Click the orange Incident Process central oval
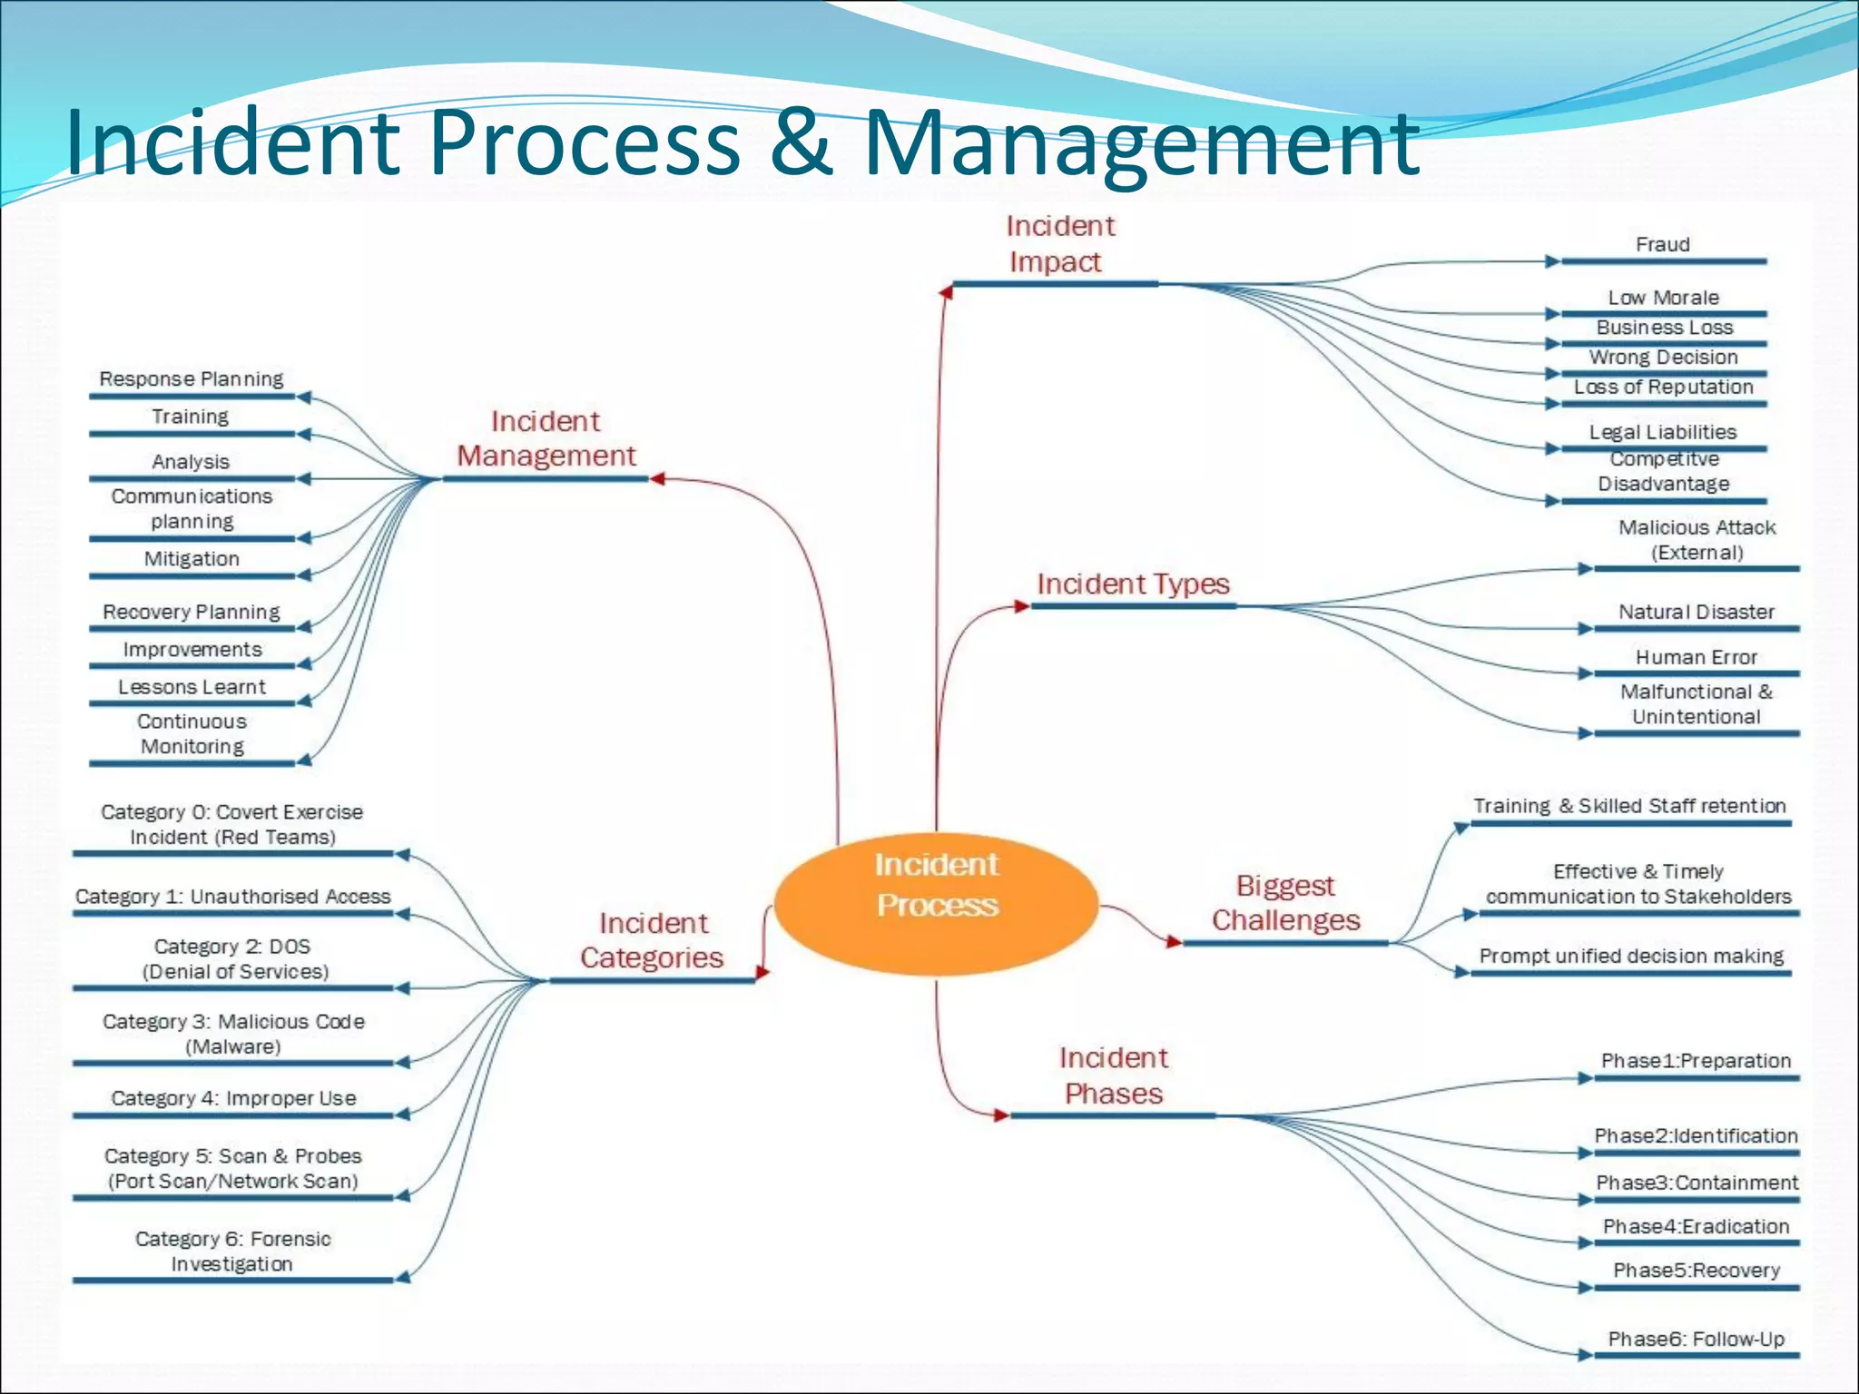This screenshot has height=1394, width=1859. click(x=936, y=903)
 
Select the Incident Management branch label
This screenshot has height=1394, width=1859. click(x=546, y=438)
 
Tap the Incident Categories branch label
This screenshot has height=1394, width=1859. click(x=652, y=940)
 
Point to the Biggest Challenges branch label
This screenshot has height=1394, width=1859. click(x=1285, y=903)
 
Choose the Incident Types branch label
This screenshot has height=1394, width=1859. click(x=1133, y=584)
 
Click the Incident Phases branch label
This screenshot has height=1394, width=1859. click(x=1113, y=1075)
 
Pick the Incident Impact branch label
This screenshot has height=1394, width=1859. click(x=1058, y=244)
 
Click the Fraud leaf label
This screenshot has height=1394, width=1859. click(x=1662, y=244)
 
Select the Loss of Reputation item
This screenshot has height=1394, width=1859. click(x=1663, y=387)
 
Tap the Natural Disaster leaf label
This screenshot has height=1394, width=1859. click(x=1696, y=612)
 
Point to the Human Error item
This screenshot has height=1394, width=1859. click(x=1696, y=657)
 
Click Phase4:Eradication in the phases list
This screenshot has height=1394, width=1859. click(x=1696, y=1226)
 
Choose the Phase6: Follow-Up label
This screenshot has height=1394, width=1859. click(x=1696, y=1339)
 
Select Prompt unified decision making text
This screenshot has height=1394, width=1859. click(x=1631, y=956)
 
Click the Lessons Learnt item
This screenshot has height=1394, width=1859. click(x=192, y=687)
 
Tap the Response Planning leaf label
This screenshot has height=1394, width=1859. click(x=192, y=378)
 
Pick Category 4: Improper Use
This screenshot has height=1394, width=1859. click(x=233, y=1098)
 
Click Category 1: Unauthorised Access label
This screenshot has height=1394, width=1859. click(x=233, y=897)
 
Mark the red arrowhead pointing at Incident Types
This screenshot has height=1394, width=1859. click(x=1021, y=605)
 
